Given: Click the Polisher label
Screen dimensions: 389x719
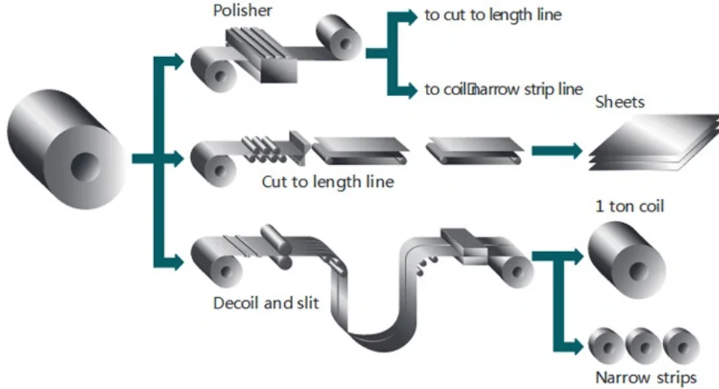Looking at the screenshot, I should (242, 11).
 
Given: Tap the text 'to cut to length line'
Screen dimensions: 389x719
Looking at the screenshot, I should (493, 15).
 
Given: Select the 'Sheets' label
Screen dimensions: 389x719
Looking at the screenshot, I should (620, 102).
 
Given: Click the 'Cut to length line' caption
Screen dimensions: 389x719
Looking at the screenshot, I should (327, 182).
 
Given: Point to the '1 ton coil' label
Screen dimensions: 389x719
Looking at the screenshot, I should (630, 206).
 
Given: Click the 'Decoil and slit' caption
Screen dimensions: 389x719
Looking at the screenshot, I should (265, 304).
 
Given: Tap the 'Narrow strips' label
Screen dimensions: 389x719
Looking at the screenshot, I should (645, 378).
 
